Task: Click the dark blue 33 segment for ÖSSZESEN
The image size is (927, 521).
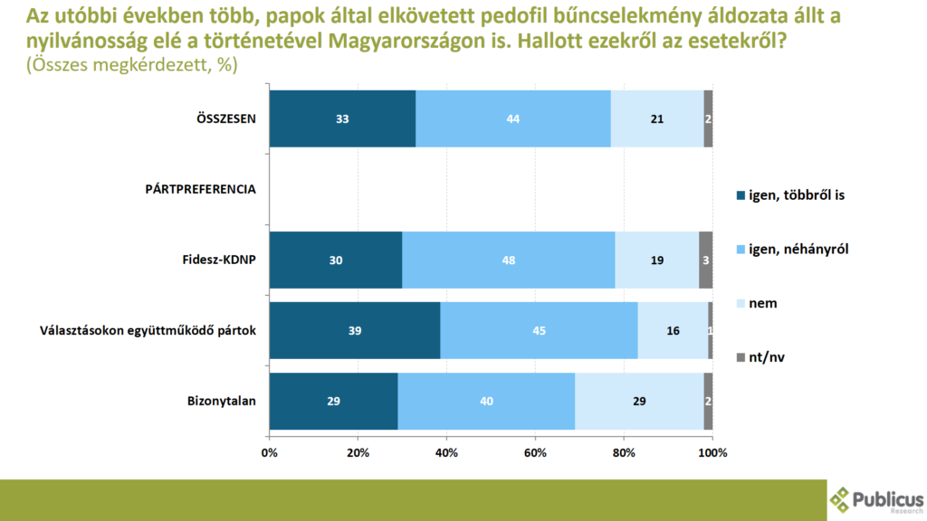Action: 342,118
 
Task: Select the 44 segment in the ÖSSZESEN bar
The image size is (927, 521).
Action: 513,118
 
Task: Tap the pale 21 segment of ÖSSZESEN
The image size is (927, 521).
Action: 657,118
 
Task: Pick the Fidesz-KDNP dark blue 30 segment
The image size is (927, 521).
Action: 336,260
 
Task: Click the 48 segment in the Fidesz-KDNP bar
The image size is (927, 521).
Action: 508,260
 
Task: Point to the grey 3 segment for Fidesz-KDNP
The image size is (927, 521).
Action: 706,260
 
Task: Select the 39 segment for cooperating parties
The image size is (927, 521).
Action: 355,330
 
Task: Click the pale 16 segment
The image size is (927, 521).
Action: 673,330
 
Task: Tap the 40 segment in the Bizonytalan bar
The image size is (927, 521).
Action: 486,401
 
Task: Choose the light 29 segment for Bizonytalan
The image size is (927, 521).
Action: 639,401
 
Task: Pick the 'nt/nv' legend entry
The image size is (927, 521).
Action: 767,357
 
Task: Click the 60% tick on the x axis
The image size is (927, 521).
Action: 535,451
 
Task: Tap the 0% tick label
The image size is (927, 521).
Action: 269,451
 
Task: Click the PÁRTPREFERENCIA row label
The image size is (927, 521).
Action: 201,189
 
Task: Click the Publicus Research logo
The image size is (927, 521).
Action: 877,499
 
